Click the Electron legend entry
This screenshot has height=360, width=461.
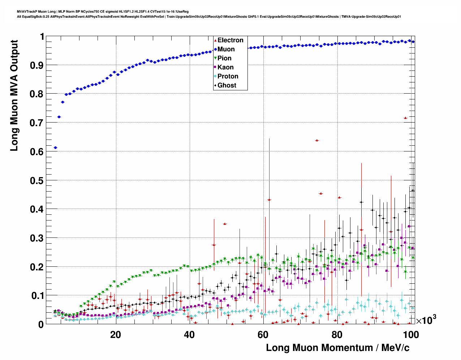pyautogui.click(x=230, y=40)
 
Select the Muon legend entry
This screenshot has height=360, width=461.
pyautogui.click(x=226, y=49)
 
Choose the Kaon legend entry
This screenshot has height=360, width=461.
pyautogui.click(x=225, y=67)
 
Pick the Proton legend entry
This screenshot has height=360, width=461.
pyautogui.click(x=228, y=76)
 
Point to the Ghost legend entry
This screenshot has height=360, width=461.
pyautogui.click(x=227, y=85)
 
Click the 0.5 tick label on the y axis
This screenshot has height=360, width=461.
pyautogui.click(x=37, y=180)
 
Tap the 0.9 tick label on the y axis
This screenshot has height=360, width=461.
pyautogui.click(x=37, y=65)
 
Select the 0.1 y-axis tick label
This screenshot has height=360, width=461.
pyautogui.click(x=37, y=296)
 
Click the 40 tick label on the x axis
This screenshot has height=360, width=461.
pyautogui.click(x=189, y=335)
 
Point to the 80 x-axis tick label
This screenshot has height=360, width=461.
pyautogui.click(x=337, y=335)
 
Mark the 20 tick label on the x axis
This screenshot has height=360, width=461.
pyautogui.click(x=116, y=335)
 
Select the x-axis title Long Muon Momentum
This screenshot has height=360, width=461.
pyautogui.click(x=337, y=348)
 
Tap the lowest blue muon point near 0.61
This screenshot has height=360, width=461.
pyautogui.click(x=55, y=148)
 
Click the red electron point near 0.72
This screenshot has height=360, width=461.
pyautogui.click(x=405, y=118)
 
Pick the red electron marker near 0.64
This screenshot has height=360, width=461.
pyautogui.click(x=317, y=140)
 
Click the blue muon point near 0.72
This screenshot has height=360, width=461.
pyautogui.click(x=59, y=117)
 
